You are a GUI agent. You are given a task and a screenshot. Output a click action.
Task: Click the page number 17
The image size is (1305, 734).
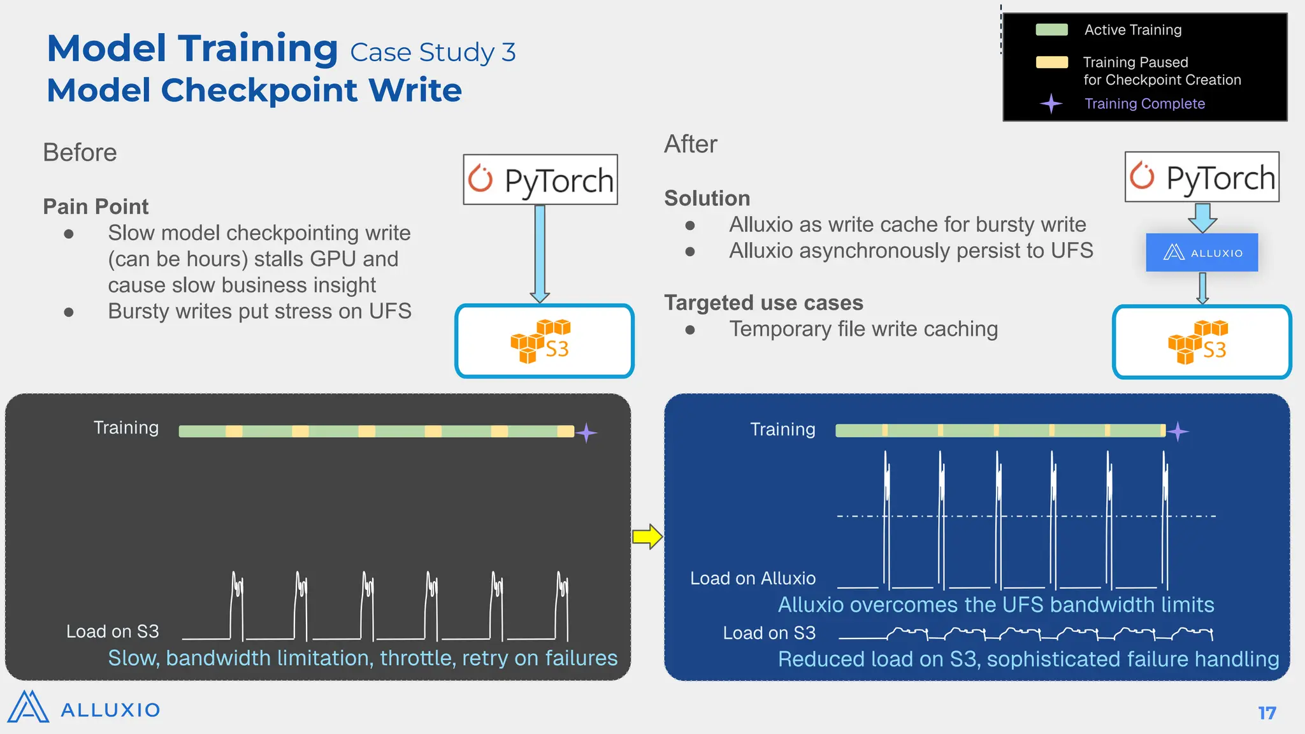1267,713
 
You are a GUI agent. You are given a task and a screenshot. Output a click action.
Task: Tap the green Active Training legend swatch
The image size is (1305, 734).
1051,30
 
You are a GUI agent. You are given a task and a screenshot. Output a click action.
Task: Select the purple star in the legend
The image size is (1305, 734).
1051,103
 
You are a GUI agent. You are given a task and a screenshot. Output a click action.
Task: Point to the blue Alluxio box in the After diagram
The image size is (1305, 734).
1202,252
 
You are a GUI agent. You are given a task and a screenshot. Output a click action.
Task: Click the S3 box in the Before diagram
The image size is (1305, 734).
544,341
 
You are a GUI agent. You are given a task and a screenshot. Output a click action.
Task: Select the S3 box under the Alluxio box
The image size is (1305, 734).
1202,342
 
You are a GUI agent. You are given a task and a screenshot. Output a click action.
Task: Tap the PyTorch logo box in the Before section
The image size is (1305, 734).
540,180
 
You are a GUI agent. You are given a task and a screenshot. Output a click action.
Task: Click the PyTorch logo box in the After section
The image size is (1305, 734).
1202,177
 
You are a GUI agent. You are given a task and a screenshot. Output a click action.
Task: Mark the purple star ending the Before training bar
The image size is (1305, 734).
586,433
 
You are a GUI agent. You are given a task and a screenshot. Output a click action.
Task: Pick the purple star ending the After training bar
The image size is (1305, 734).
1178,431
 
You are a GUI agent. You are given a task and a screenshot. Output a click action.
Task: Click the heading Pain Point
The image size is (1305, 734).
96,206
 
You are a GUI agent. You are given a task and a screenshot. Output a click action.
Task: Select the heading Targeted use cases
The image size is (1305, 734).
763,303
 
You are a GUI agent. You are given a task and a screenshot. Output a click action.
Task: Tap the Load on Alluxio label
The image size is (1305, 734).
753,579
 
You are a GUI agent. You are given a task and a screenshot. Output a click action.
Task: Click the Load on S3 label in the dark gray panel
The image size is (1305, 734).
113,631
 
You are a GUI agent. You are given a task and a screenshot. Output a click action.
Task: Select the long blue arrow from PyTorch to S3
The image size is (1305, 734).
540,254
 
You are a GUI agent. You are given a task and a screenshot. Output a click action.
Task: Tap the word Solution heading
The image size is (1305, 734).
707,198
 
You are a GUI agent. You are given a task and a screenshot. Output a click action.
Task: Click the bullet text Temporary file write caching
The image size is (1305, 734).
863,329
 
